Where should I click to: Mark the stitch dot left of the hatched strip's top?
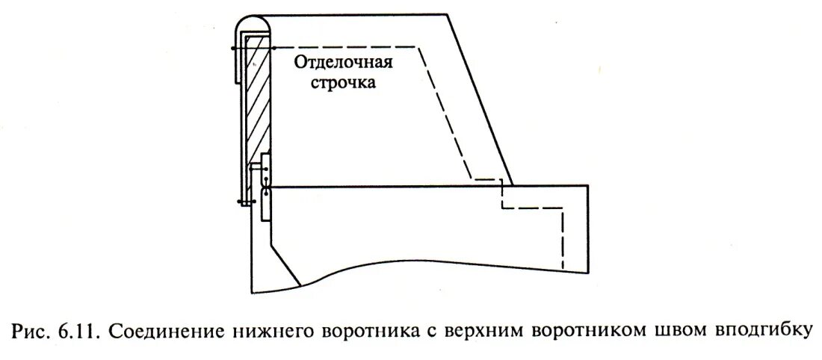(x=234, y=49)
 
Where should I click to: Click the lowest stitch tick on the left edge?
(x=240, y=201)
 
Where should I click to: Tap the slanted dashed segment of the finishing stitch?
(x=445, y=112)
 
